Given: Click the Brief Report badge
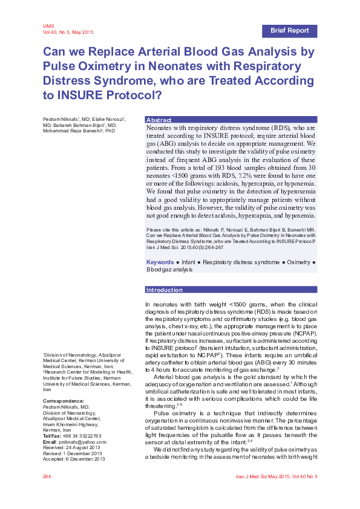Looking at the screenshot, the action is click(289, 30).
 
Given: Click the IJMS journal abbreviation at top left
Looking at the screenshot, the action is click(48, 26).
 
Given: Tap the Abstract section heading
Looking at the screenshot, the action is click(159, 120).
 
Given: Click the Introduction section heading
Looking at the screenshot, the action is click(165, 290).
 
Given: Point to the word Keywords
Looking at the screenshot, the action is click(160, 262).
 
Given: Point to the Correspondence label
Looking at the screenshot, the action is click(63, 401).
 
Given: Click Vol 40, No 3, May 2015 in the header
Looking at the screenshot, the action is click(68, 32).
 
